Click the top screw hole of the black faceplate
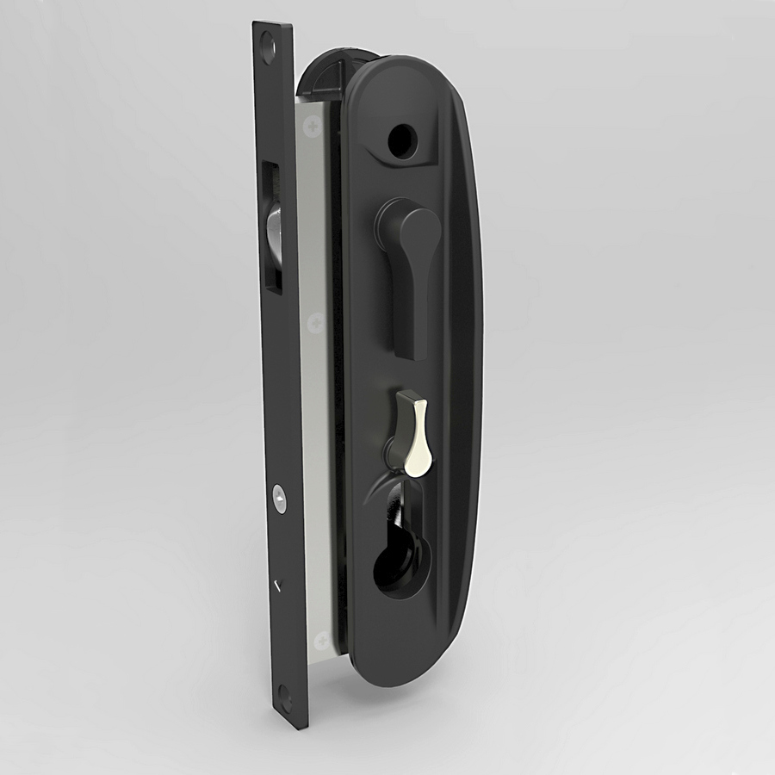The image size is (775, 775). pos(268,40)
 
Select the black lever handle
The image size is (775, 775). pos(410,267)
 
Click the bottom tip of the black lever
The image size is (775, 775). pos(417,351)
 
